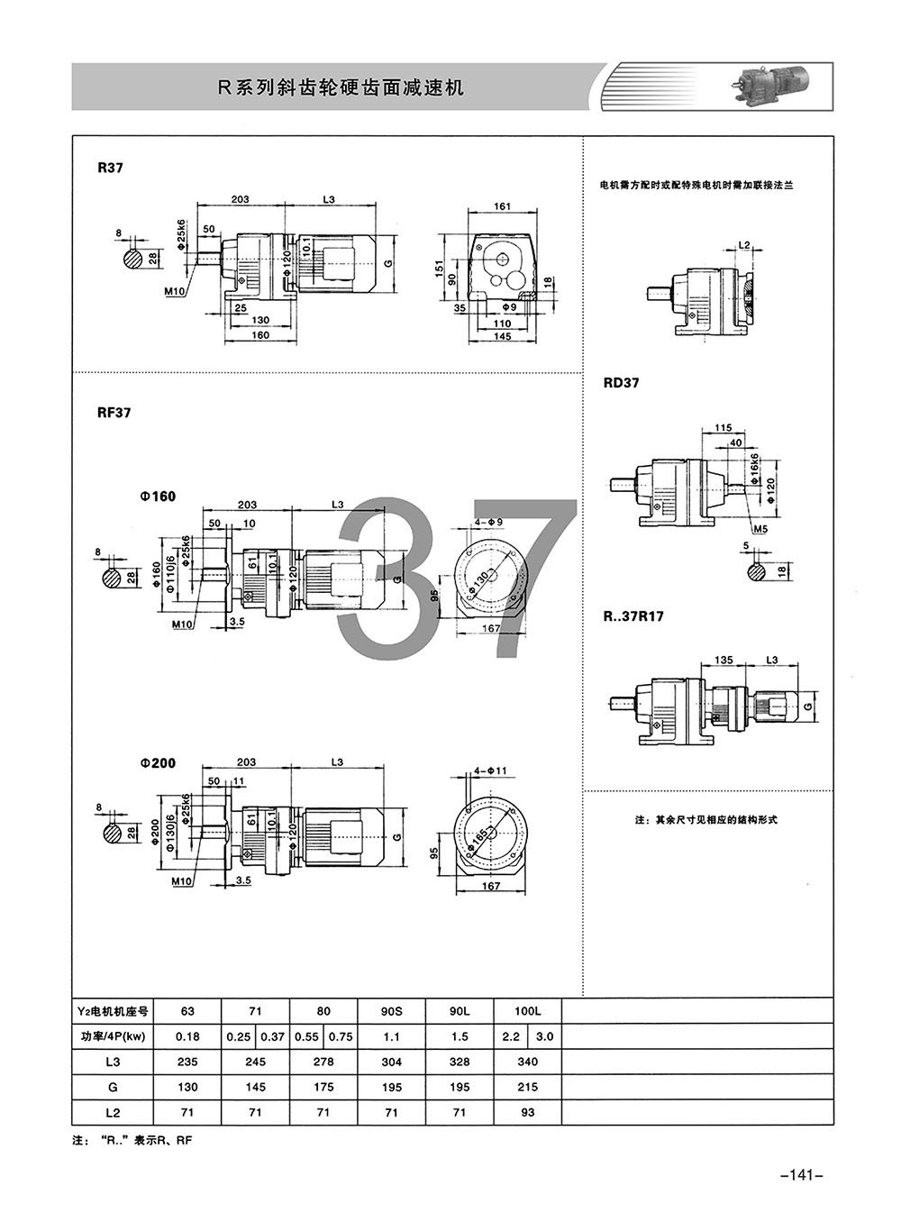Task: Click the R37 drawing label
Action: point(111,169)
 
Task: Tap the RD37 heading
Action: point(622,383)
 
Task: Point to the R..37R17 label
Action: point(633,616)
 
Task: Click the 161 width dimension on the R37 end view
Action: point(502,206)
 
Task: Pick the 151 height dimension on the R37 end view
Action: point(440,269)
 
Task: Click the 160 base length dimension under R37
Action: point(259,334)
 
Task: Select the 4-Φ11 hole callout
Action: point(490,771)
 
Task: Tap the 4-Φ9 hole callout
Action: point(488,522)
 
